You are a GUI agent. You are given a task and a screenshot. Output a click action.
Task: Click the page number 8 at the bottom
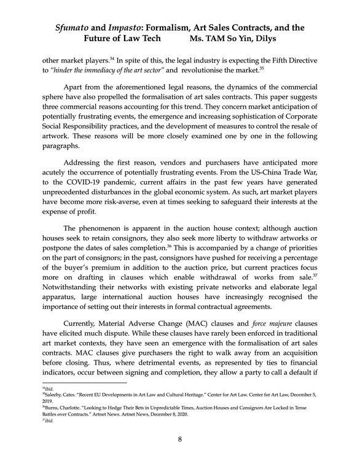click(180, 440)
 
